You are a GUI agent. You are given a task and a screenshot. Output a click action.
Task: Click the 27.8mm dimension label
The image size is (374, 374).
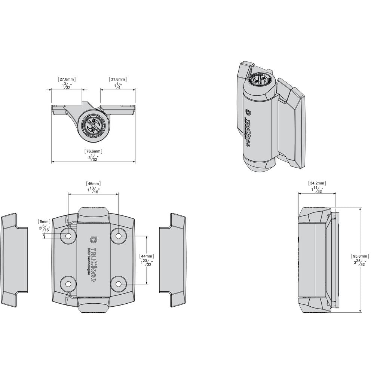67,79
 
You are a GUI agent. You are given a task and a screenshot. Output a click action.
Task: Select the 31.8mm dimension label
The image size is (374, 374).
118,79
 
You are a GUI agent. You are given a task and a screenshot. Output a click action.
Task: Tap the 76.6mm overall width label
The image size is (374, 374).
93,151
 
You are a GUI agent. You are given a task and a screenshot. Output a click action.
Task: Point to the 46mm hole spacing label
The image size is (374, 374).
93,184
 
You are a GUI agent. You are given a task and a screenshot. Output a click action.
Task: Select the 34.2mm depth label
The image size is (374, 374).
317,183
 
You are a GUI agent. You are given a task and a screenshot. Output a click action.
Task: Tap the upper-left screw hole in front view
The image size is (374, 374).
69,236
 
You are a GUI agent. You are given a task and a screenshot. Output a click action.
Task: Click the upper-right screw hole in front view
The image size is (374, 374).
119,236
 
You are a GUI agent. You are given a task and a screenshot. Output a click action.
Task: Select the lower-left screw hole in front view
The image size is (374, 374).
69,284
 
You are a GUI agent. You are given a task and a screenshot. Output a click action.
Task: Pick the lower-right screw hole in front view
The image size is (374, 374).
119,284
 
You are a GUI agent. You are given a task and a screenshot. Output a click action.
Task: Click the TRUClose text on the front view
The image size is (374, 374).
93,262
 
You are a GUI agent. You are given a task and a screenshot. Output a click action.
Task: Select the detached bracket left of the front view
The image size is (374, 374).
14,260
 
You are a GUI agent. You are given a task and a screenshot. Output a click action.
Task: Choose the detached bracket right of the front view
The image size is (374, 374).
172,260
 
